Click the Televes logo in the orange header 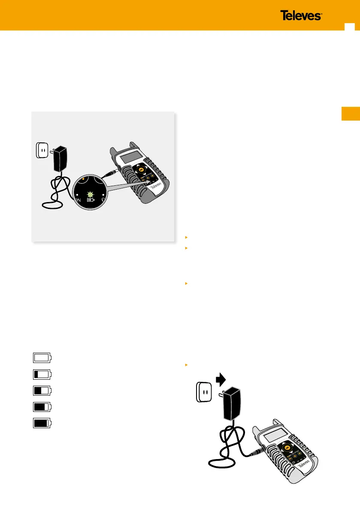[301, 16]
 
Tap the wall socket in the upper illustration [41, 151]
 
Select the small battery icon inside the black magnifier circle [91, 200]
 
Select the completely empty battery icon [42, 357]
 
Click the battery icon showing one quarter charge [42, 374]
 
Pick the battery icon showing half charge [42, 390]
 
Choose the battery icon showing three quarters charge [42, 407]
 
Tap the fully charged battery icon [42, 423]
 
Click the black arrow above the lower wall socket [220, 379]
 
